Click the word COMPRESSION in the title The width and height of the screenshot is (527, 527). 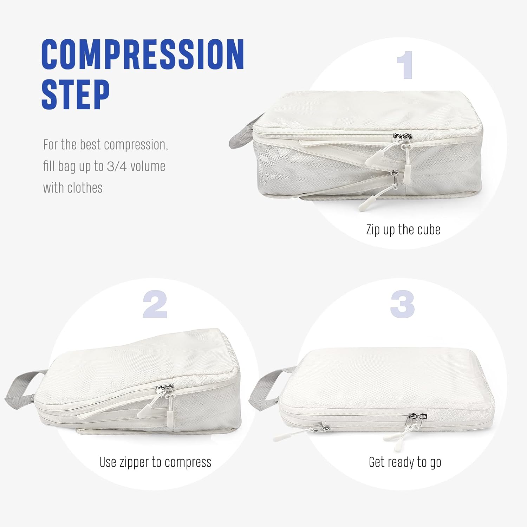143,54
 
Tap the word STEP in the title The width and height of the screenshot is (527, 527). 76,94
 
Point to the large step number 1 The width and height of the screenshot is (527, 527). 405,65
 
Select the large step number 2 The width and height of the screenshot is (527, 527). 155,305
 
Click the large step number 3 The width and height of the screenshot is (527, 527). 403,305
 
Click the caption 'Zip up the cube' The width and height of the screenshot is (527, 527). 403,230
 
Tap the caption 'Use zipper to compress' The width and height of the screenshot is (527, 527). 155,462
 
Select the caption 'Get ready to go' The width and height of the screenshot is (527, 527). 405,462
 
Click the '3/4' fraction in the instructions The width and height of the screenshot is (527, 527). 117,166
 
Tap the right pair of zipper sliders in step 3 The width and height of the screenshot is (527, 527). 414,419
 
